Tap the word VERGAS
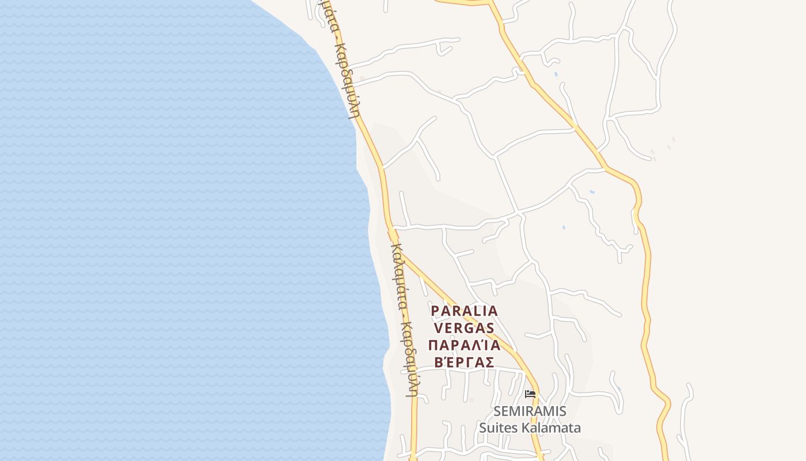pos(463,328)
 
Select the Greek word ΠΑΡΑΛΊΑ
pos(464,345)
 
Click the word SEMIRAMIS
pos(530,411)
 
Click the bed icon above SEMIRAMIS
pos(530,394)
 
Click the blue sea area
pos(173,231)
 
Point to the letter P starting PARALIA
pos(436,311)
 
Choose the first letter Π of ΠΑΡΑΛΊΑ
pos(434,345)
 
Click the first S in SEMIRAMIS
pos(498,411)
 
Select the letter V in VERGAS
pos(438,328)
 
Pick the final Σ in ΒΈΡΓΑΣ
pos(489,362)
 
